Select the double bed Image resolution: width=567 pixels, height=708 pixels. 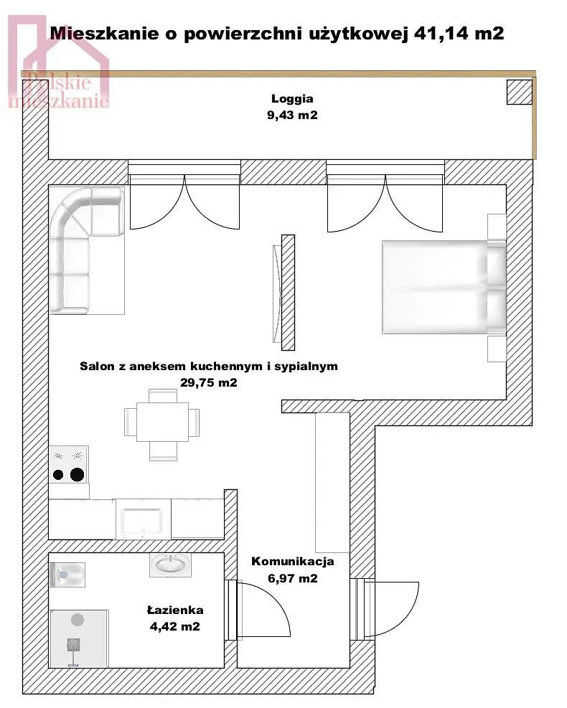pos(444,287)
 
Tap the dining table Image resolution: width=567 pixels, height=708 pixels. pos(162,422)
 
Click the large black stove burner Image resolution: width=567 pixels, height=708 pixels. pos(78,475)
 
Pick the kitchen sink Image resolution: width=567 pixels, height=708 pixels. pos(143,519)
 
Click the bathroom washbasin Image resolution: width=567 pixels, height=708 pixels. pos(170,565)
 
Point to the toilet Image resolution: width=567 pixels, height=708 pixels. pos(67,575)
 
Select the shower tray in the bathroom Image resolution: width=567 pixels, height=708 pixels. pos(79,638)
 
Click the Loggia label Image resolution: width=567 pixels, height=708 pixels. pos(292,99)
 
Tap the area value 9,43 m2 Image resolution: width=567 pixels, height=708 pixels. pos(292,115)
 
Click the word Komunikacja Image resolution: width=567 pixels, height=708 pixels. pos(293,561)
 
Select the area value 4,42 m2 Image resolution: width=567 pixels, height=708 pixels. pos(175,626)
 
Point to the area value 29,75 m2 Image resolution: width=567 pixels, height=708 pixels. pos(209,382)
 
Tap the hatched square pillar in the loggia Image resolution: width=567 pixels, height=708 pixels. pos(519,93)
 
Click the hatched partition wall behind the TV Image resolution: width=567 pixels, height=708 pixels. pos(289,293)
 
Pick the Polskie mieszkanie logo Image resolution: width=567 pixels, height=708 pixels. pos(59,63)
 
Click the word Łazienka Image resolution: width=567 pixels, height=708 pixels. pos(175,610)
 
